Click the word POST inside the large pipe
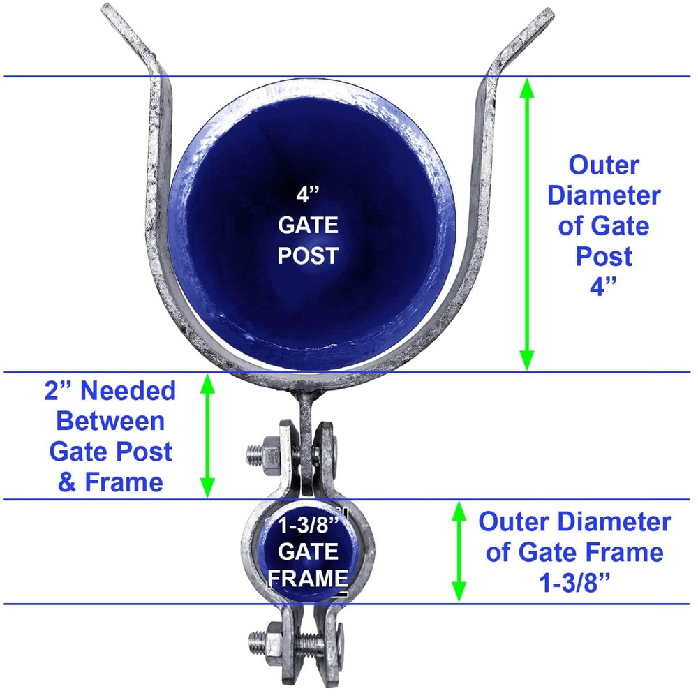[x=308, y=255]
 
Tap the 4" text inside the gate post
[x=308, y=195]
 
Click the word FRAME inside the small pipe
[x=308, y=578]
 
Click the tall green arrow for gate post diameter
[x=527, y=223]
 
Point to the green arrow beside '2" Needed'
[x=207, y=436]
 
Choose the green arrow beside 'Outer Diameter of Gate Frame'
[x=459, y=551]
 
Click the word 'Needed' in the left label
[x=128, y=392]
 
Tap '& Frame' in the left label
[x=110, y=482]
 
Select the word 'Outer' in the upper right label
[x=604, y=166]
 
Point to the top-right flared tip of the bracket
[x=544, y=17]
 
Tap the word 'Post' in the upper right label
[x=604, y=257]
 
